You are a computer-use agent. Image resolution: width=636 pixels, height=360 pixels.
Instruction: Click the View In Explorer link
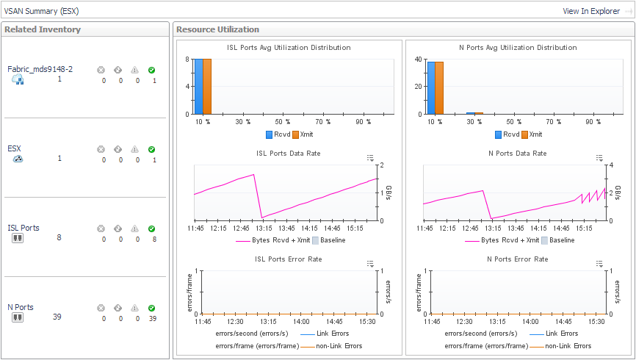(x=590, y=11)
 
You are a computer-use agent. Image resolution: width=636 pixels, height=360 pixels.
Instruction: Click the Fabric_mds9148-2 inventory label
(x=40, y=69)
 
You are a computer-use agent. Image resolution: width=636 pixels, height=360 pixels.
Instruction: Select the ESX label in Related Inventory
(x=14, y=148)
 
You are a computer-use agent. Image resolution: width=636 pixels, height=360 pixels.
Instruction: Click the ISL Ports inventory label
(x=24, y=228)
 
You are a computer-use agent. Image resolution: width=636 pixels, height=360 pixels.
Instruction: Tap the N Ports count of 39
(x=57, y=317)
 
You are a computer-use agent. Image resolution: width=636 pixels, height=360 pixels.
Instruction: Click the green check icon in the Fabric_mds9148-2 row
(x=151, y=71)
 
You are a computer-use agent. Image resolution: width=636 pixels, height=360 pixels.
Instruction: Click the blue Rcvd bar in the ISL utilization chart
(x=198, y=87)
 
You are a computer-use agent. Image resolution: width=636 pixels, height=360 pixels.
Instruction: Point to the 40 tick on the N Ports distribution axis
(x=417, y=60)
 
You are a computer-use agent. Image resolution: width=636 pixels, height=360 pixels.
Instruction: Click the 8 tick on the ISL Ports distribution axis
(x=188, y=60)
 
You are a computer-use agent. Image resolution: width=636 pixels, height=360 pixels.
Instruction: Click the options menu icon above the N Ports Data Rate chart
(x=599, y=158)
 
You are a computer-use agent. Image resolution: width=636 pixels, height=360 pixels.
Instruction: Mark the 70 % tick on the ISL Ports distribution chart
(x=322, y=121)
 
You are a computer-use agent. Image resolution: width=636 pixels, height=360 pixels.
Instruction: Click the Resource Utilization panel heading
(x=217, y=29)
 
